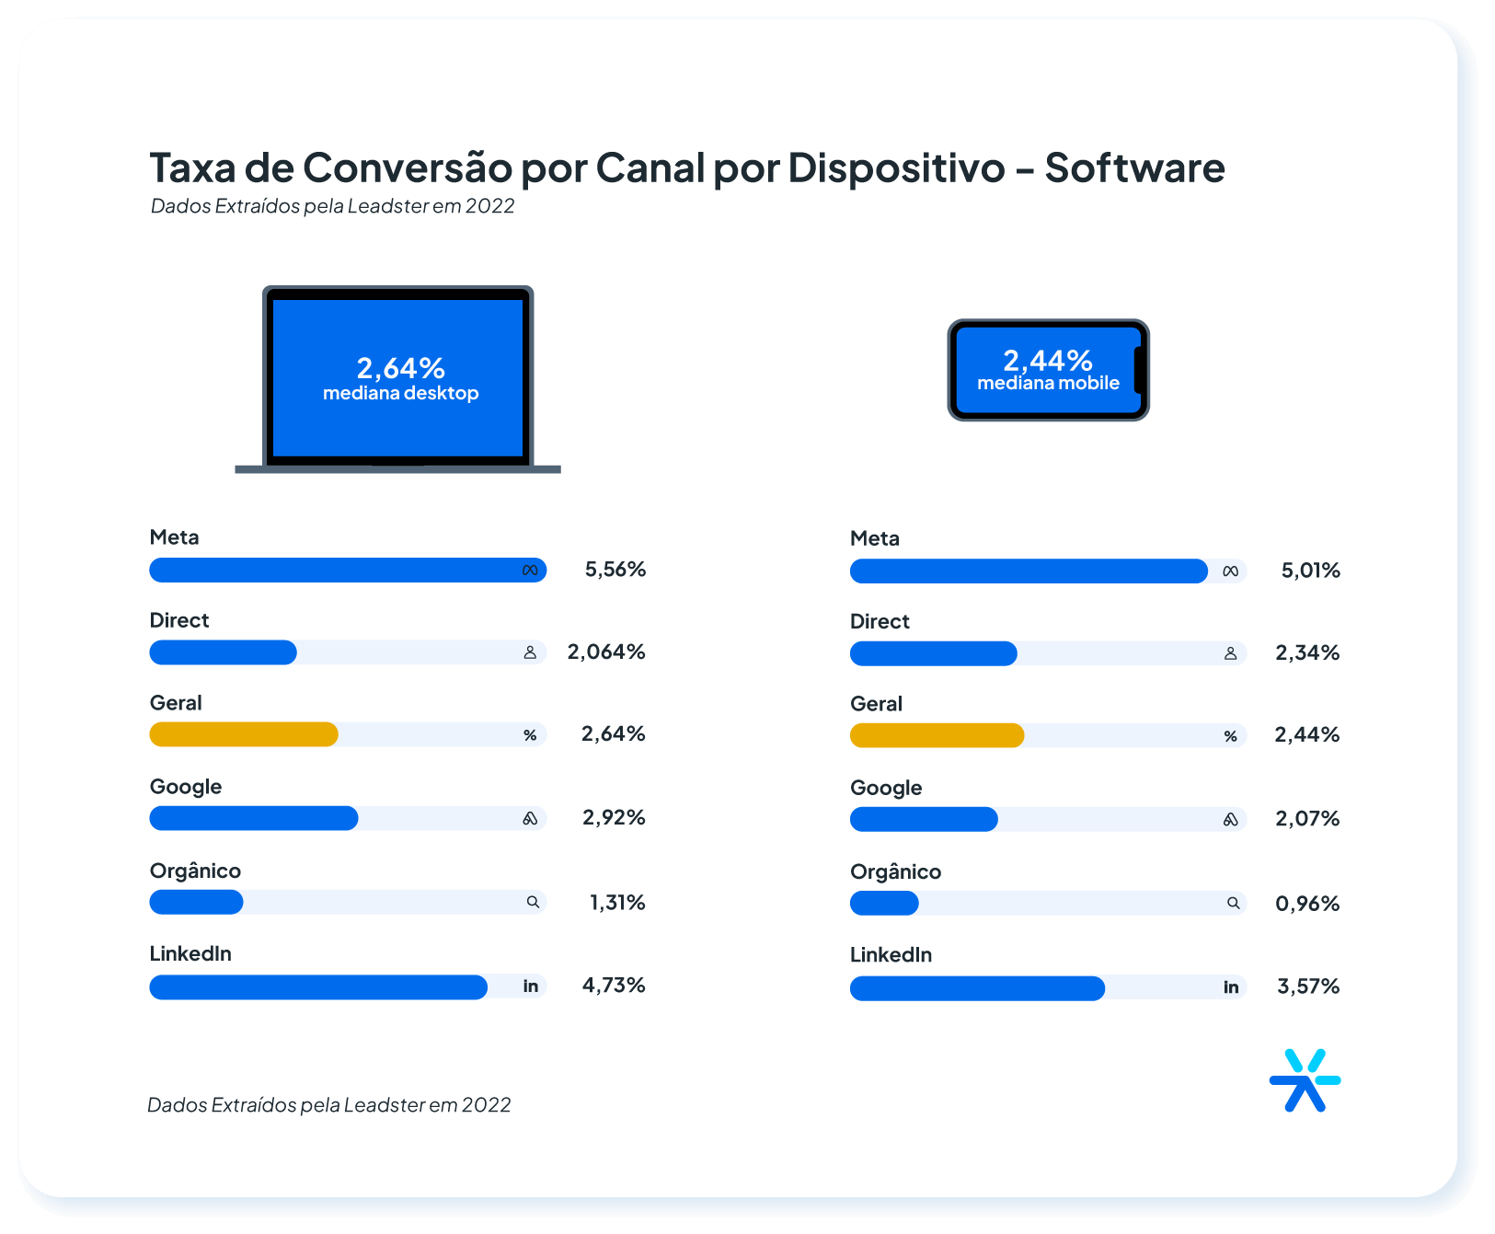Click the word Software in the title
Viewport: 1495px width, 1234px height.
[x=1133, y=168]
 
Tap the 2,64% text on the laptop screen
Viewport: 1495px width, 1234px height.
[x=400, y=368]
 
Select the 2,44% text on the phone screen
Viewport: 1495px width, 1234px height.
[x=1047, y=360]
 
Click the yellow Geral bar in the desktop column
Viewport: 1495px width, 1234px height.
[x=244, y=734]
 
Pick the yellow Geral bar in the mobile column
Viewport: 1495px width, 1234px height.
[x=937, y=735]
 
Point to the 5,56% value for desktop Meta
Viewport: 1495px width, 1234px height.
[x=615, y=570]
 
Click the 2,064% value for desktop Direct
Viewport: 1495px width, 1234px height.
[x=605, y=652]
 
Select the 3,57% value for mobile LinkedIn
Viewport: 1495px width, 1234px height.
[x=1307, y=986]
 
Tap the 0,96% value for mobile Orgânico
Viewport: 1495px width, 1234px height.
[x=1306, y=904]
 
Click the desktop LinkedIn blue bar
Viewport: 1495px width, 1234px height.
[x=317, y=986]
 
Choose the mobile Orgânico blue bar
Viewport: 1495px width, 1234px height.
[x=884, y=904]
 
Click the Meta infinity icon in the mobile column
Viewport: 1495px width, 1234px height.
[x=1230, y=571]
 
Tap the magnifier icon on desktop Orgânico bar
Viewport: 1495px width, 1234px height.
[x=533, y=902]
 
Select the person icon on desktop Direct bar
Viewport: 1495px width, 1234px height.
[x=530, y=652]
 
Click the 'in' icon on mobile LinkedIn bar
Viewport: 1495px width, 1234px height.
[x=1230, y=987]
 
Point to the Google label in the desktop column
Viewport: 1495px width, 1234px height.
[x=186, y=787]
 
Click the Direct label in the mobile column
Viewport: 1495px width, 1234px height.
[x=879, y=621]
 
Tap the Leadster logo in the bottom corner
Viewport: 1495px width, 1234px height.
[x=1304, y=1080]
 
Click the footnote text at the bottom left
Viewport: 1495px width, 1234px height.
[x=328, y=1104]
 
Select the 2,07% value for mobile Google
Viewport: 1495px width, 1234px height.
[x=1306, y=819]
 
